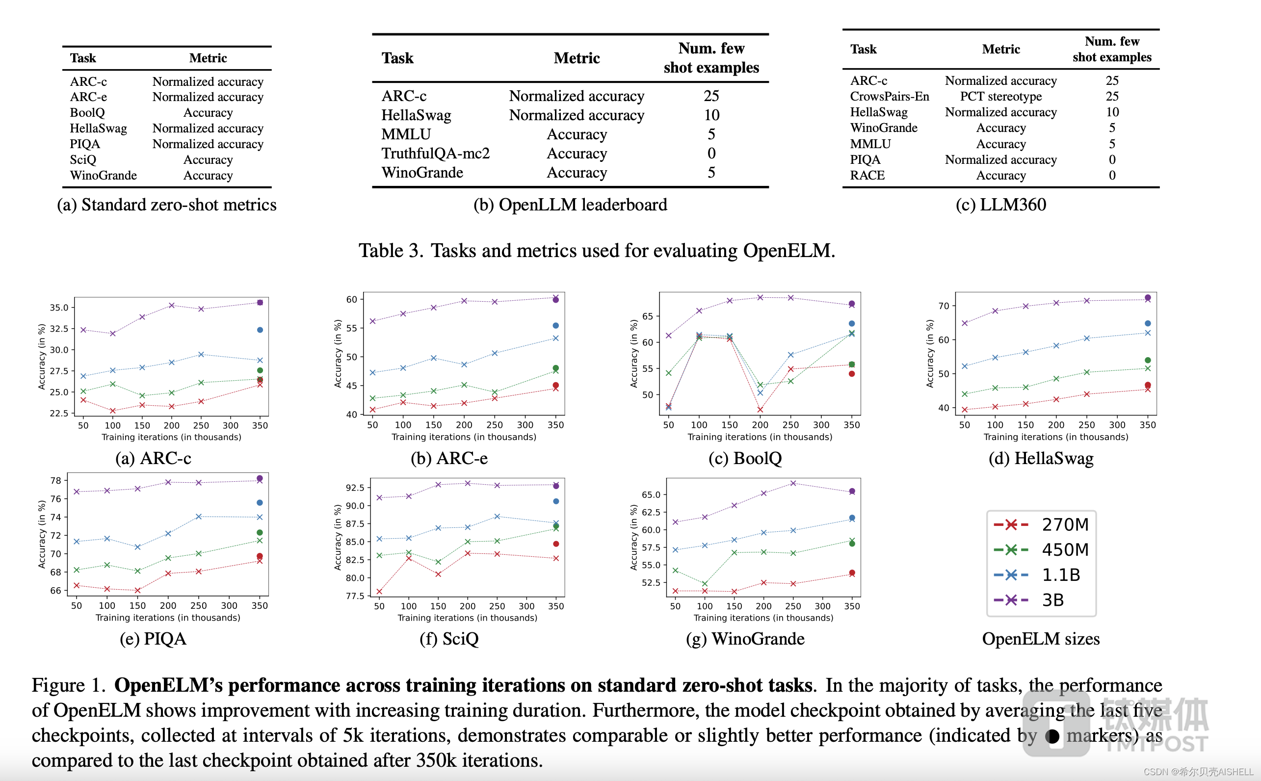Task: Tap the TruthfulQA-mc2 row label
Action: (x=435, y=154)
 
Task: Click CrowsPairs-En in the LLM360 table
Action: (x=889, y=97)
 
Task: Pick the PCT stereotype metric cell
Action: (x=1000, y=97)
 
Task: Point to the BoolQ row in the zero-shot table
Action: (x=87, y=113)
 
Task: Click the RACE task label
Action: (x=867, y=176)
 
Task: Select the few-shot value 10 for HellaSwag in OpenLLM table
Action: (x=711, y=115)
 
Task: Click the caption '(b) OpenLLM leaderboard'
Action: (x=570, y=205)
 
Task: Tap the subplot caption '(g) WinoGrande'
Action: (x=745, y=639)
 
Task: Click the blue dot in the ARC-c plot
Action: (x=260, y=330)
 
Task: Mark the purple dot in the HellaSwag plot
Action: (x=1147, y=297)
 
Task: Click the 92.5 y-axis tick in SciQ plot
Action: (x=355, y=488)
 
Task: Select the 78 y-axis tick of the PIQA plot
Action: (x=56, y=480)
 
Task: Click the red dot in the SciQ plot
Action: (x=556, y=544)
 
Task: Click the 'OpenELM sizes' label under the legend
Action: (x=1040, y=639)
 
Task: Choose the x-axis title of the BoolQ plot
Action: (x=760, y=437)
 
